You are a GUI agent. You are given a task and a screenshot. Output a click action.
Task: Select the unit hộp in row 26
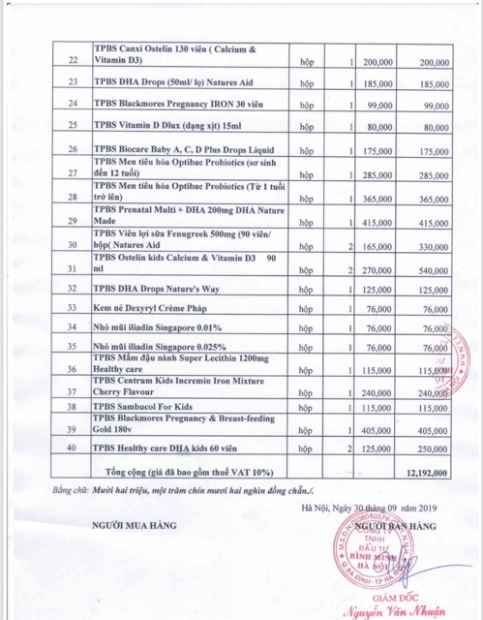(306, 152)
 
